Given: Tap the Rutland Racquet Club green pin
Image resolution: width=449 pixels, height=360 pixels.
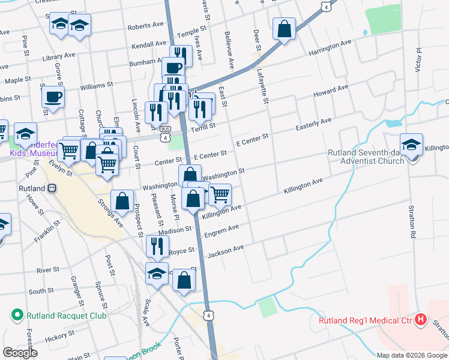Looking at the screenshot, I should [17, 315].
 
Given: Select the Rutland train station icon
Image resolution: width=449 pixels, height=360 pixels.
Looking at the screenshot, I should [52, 188].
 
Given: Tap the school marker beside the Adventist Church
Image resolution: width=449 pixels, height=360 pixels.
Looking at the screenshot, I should [411, 146].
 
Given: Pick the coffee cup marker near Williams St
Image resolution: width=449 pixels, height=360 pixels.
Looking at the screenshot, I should [53, 96].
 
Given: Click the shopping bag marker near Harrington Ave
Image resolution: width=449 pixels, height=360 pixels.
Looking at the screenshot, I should [284, 28].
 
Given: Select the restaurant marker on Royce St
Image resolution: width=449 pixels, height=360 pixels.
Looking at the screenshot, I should [157, 245].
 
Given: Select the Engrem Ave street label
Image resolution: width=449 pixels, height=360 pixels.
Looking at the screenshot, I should [221, 231].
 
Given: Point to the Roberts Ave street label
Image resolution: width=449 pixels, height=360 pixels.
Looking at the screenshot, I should [146, 25].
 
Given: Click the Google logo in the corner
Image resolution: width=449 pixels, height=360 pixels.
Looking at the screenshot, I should [20, 353].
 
